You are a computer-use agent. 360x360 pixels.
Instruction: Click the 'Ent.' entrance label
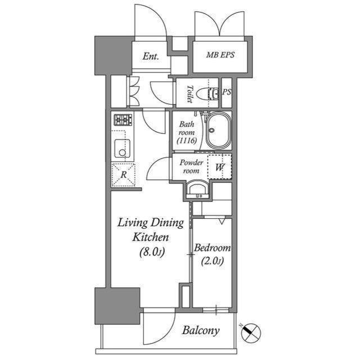pyautogui.click(x=150, y=56)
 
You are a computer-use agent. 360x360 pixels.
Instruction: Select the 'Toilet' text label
pyautogui.click(x=190, y=94)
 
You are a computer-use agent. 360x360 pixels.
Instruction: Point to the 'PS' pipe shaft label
pyautogui.click(x=227, y=92)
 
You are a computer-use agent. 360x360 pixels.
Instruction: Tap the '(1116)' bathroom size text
pyautogui.click(x=186, y=141)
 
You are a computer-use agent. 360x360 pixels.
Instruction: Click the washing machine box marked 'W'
pyautogui.click(x=219, y=166)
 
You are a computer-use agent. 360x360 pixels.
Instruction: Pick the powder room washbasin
pyautogui.click(x=197, y=190)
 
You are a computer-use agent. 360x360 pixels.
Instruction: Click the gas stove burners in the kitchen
pyautogui.click(x=123, y=120)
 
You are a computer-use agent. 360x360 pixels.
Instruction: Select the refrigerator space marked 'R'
pyautogui.click(x=123, y=174)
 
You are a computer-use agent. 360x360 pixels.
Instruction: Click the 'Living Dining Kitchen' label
pyautogui.click(x=150, y=229)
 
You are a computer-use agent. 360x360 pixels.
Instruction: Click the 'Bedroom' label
pyautogui.click(x=212, y=248)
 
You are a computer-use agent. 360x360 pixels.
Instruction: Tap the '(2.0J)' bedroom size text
pyautogui.click(x=212, y=260)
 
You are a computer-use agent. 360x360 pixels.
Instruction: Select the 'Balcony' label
pyautogui.click(x=200, y=331)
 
